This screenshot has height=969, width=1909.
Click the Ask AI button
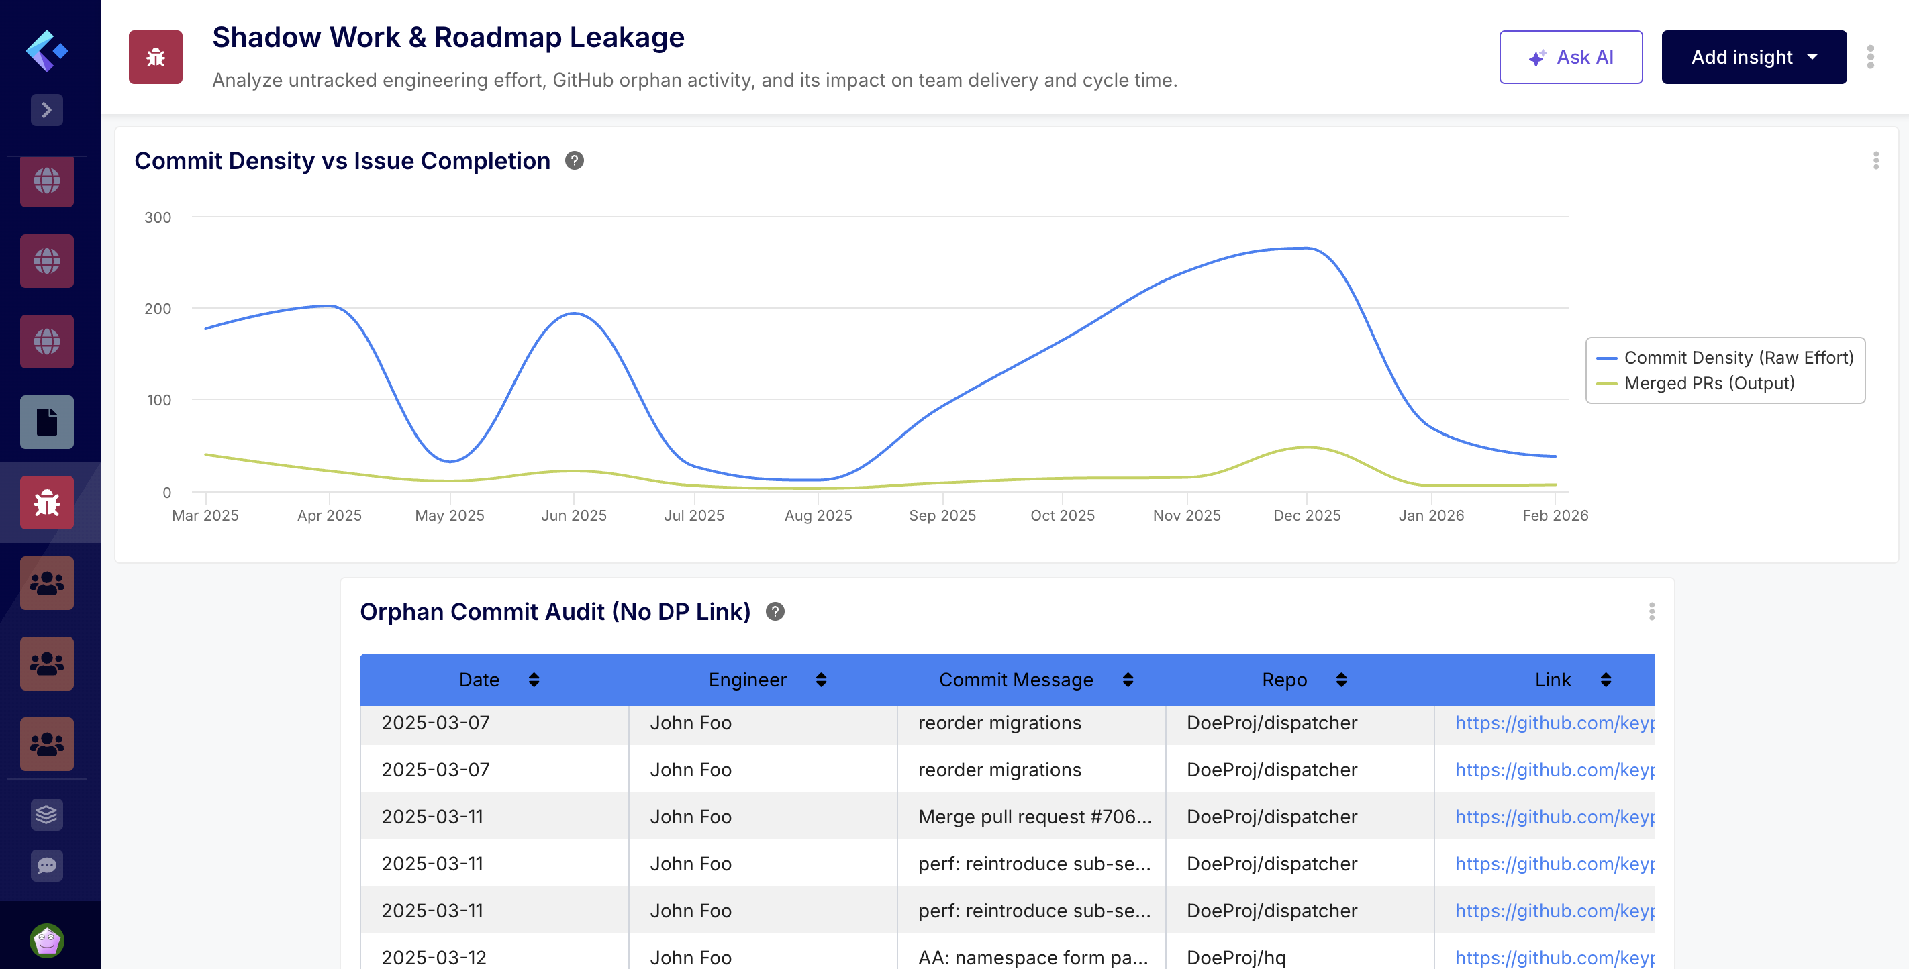click(x=1570, y=57)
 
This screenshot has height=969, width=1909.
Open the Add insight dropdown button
click(x=1753, y=57)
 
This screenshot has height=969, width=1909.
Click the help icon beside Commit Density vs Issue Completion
click(x=575, y=161)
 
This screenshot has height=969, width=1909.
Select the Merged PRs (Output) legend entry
click(x=1708, y=384)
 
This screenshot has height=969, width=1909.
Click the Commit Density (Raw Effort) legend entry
click(x=1737, y=358)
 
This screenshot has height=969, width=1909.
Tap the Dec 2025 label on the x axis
click(x=1306, y=515)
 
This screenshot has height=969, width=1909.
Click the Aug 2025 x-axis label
click(x=818, y=515)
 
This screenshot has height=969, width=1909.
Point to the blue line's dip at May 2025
click(x=450, y=462)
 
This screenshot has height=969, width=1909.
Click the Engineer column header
click(x=747, y=680)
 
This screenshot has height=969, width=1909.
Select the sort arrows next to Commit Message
click(x=1128, y=680)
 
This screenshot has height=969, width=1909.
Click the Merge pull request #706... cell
click(x=1034, y=817)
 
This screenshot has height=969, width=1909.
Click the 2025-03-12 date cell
click(x=434, y=957)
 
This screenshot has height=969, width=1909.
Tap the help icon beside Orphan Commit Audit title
click(x=775, y=612)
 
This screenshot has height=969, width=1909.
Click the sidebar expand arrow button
click(x=47, y=110)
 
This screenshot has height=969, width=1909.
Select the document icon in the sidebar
click(x=47, y=422)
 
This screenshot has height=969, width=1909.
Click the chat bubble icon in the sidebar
click(x=47, y=865)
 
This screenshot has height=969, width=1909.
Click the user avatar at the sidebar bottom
click(x=47, y=941)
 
